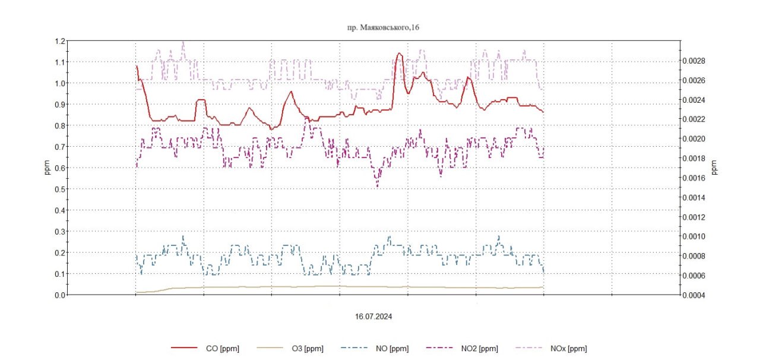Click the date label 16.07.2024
point(373,317)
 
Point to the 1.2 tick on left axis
point(59,41)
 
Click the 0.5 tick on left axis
point(59,190)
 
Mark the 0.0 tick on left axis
point(59,295)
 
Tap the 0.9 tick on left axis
point(59,105)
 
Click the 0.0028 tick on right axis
point(692,61)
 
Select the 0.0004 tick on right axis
point(692,295)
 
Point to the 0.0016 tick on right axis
point(692,178)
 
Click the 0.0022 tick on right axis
point(692,119)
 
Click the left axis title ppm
point(46,168)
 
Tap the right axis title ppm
point(714,168)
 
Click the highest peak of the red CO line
point(399,53)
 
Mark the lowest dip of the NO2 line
point(377,187)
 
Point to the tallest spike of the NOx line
point(182,42)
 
